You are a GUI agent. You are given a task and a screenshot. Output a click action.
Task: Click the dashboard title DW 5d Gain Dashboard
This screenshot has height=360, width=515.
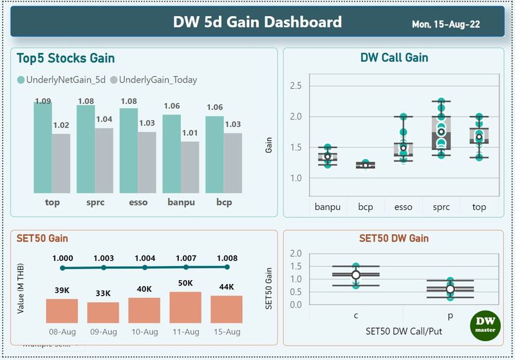[257, 23]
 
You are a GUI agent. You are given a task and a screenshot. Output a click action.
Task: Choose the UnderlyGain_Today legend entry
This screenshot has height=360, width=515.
[153, 80]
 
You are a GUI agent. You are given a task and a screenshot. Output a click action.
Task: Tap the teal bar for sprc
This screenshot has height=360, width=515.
[86, 149]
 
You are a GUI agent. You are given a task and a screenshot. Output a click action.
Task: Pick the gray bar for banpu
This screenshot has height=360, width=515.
[190, 167]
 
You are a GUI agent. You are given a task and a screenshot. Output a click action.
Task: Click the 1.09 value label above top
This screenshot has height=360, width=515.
[43, 101]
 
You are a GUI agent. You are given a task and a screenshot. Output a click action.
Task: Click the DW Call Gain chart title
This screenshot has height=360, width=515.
[394, 58]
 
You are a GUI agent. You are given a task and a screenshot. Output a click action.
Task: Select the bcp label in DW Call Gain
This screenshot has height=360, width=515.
[366, 207]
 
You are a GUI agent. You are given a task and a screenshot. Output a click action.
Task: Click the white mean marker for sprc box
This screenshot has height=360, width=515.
[441, 132]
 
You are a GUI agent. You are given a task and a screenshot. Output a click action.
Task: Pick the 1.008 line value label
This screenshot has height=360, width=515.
[227, 258]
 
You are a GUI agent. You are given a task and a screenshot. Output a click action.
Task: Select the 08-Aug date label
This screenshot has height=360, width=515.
[62, 332]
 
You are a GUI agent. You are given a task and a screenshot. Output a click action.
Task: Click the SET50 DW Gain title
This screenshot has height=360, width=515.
[394, 239]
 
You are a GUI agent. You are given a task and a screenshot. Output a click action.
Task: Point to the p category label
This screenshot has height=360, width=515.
[450, 316]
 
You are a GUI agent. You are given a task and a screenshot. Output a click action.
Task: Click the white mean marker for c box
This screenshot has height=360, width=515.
[356, 275]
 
